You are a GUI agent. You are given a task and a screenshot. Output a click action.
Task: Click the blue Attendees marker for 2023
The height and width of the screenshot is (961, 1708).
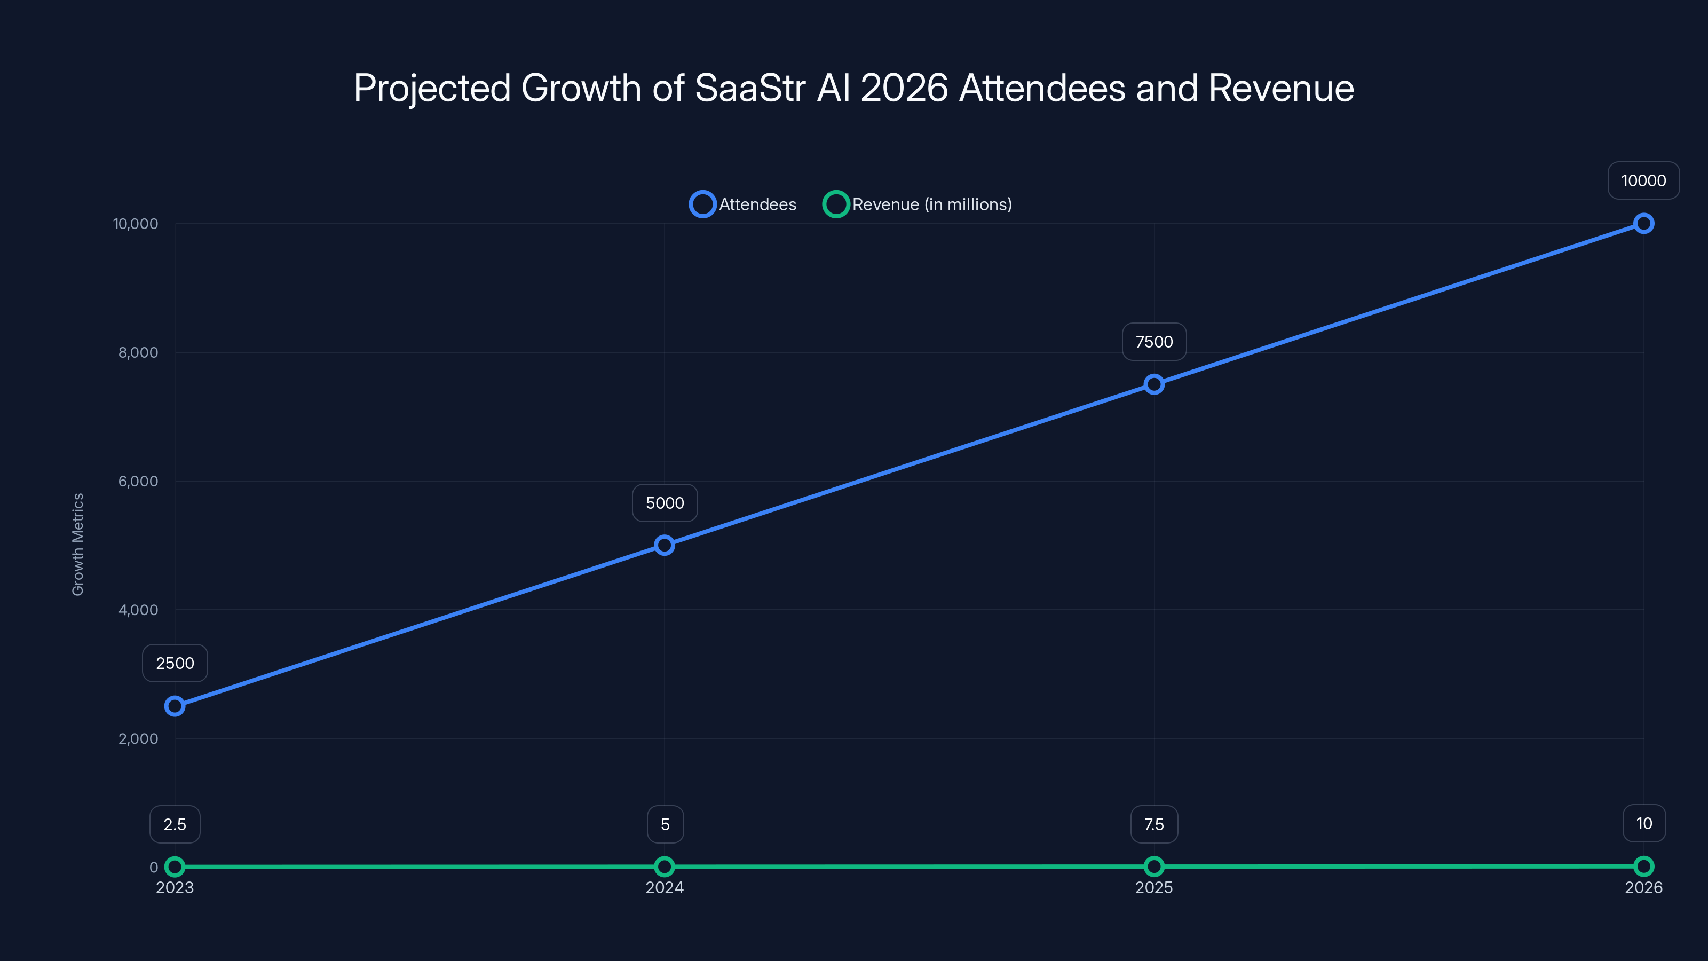tap(175, 706)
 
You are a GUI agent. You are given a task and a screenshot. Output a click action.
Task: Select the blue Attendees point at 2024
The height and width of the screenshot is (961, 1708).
tap(665, 545)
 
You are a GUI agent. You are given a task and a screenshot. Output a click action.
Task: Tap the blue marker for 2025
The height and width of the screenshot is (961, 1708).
tap(1153, 384)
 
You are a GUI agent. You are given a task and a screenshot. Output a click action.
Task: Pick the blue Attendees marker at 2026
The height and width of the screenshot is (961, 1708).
tap(1643, 224)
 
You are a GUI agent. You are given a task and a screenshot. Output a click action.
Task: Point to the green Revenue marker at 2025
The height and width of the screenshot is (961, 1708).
tap(1153, 866)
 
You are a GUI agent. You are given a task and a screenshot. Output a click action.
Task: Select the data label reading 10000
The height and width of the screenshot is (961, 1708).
tap(1643, 180)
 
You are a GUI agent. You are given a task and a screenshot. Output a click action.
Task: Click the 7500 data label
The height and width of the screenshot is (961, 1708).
tap(1153, 342)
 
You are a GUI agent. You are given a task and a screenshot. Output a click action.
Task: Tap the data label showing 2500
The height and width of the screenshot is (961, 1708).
tap(175, 663)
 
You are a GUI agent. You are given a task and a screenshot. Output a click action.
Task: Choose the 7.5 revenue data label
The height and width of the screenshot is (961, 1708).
tap(1153, 824)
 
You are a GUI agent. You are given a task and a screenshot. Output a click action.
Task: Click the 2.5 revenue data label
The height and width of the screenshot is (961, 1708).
tap(175, 824)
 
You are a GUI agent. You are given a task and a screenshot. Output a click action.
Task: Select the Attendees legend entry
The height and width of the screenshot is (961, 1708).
tap(744, 204)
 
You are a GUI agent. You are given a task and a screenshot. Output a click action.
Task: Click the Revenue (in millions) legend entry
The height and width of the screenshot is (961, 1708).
tap(918, 204)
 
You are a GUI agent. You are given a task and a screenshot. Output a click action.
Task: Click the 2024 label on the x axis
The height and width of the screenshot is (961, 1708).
tap(665, 887)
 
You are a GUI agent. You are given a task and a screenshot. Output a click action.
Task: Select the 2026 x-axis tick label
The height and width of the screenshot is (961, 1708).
tap(1643, 887)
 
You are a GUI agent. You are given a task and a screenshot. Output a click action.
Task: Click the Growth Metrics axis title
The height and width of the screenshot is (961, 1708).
tap(77, 544)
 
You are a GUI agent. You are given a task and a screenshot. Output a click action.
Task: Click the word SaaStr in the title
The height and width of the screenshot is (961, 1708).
tap(750, 88)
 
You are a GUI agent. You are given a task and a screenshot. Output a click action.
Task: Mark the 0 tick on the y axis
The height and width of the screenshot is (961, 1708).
tap(154, 867)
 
